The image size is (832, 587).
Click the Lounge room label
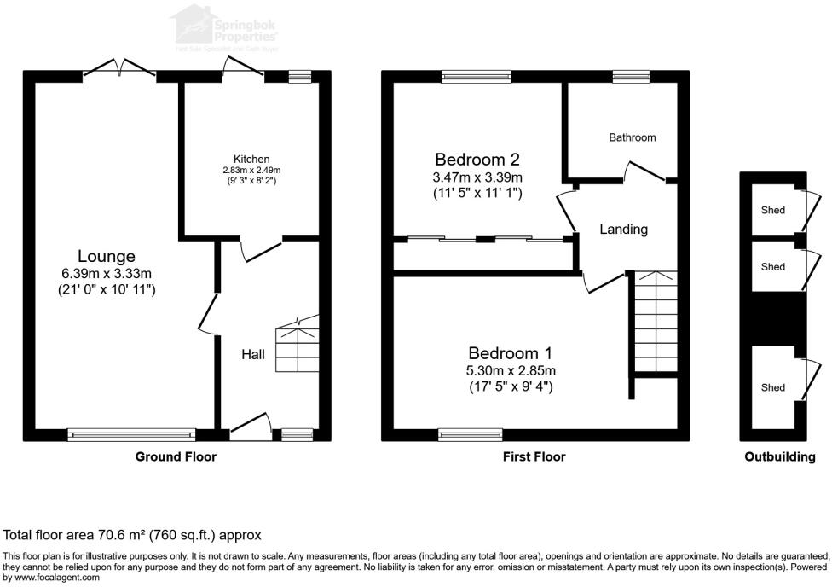tap(107, 256)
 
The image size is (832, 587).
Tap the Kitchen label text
tap(251, 160)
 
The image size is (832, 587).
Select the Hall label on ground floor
tap(252, 354)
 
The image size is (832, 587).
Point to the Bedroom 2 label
tap(477, 160)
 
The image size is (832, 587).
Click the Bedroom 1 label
tap(504, 353)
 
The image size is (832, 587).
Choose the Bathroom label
tap(633, 137)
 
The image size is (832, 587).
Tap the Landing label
tap(623, 230)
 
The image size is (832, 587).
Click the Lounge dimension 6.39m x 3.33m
tap(107, 273)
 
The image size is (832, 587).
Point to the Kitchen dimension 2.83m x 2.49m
tap(251, 171)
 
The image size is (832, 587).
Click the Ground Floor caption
tap(176, 456)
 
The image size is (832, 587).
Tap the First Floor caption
tap(534, 456)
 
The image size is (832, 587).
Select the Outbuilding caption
tap(779, 456)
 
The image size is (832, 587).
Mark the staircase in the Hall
tap(296, 346)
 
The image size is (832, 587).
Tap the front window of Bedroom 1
tap(471, 434)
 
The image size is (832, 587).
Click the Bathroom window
tap(631, 77)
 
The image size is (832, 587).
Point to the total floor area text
tap(132, 535)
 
